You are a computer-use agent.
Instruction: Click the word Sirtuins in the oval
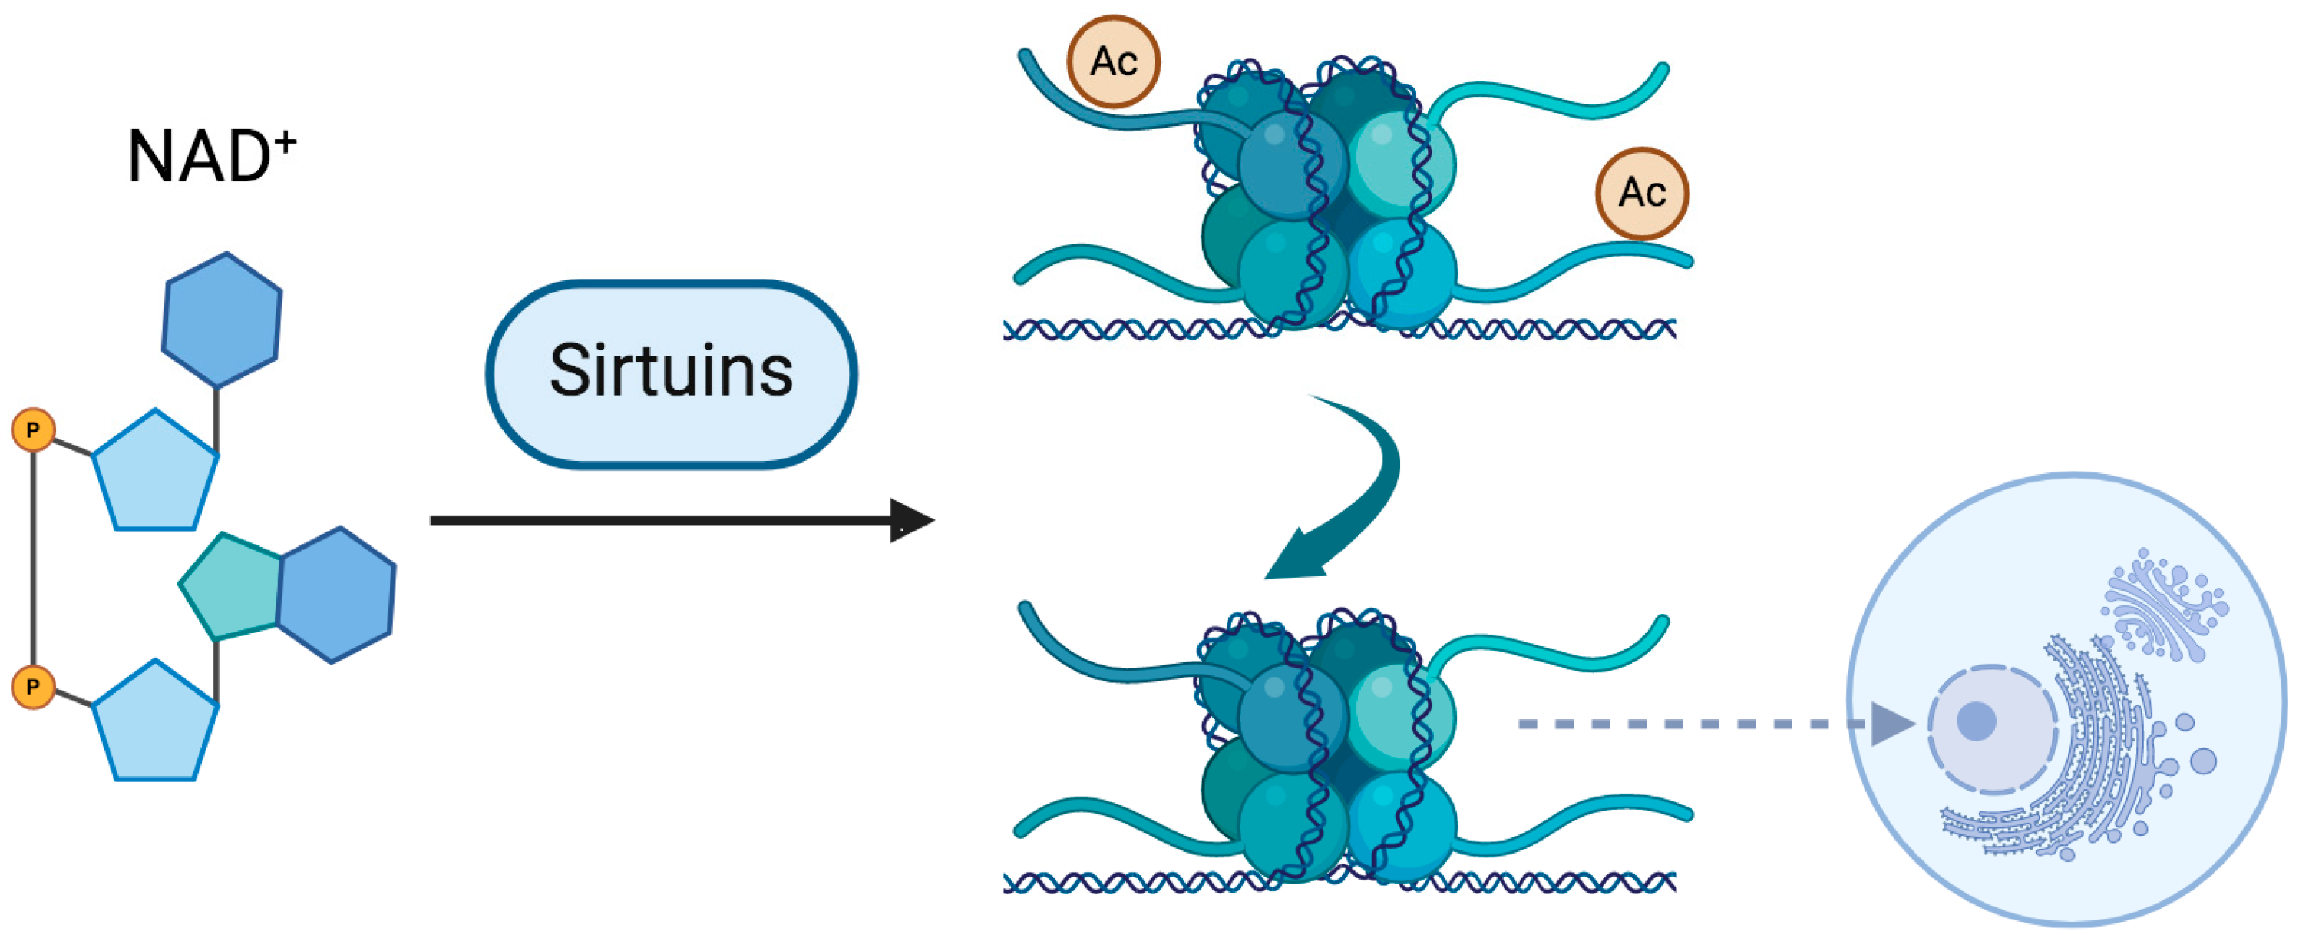(671, 370)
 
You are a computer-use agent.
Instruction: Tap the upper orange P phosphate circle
(33, 430)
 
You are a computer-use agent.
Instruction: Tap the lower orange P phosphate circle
(33, 687)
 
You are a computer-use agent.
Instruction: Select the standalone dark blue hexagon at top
(221, 320)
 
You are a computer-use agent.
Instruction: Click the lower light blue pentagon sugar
(155, 725)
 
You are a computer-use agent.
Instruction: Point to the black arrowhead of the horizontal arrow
(910, 521)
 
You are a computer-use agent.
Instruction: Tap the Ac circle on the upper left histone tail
(1114, 61)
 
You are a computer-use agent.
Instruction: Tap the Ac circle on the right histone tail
(1642, 193)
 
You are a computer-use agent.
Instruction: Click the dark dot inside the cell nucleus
(1976, 721)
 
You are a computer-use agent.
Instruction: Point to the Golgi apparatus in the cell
(2164, 607)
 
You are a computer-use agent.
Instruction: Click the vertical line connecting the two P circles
(34, 558)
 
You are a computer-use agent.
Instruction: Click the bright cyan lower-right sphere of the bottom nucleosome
(1401, 826)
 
